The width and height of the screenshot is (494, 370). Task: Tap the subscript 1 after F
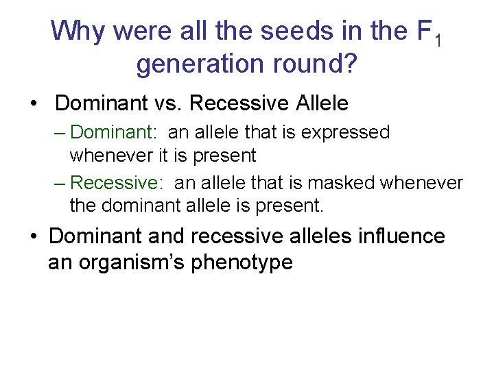pyautogui.click(x=437, y=40)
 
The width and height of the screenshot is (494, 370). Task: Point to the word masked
pyautogui.click(x=338, y=183)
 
